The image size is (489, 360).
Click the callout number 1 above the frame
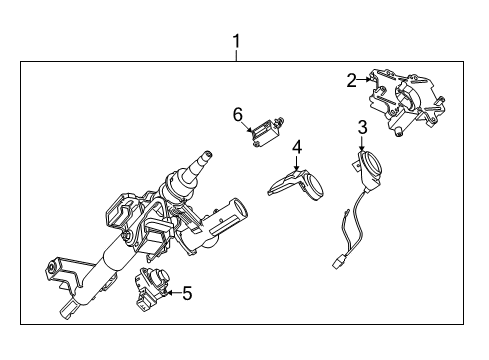coord(236,41)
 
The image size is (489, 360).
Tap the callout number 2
coord(352,80)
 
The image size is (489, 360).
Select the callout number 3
coord(362,127)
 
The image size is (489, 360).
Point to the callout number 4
coord(297,147)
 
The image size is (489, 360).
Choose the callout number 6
coord(238,115)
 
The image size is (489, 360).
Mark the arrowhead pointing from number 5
coord(168,292)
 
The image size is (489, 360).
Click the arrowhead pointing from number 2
coord(369,81)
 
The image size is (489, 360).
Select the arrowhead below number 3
coord(362,148)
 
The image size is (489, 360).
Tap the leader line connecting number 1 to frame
coord(236,56)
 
